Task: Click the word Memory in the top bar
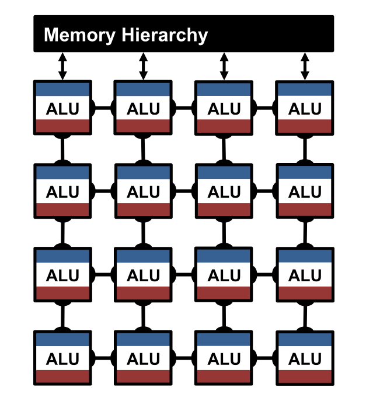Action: pyautogui.click(x=80, y=35)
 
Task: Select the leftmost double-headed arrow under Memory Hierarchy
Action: pyautogui.click(x=62, y=66)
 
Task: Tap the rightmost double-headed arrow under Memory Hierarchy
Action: pyautogui.click(x=304, y=66)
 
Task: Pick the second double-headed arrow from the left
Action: pyautogui.click(x=143, y=66)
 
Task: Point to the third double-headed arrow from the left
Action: pyautogui.click(x=224, y=66)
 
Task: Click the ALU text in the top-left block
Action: pyautogui.click(x=62, y=108)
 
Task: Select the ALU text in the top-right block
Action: pyautogui.click(x=304, y=108)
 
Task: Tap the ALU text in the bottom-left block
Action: pyautogui.click(x=62, y=358)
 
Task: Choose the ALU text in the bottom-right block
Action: pyautogui.click(x=304, y=358)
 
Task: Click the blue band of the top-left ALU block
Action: pyautogui.click(x=62, y=89)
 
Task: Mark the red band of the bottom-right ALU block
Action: pyautogui.click(x=304, y=376)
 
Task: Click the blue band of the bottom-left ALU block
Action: pyautogui.click(x=62, y=339)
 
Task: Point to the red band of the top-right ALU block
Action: pyautogui.click(x=304, y=126)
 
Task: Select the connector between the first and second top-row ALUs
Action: pyautogui.click(x=103, y=108)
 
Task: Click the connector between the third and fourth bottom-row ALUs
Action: pyautogui.click(x=264, y=358)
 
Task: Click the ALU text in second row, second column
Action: pyautogui.click(x=143, y=191)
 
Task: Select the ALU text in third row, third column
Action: pyautogui.click(x=224, y=275)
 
